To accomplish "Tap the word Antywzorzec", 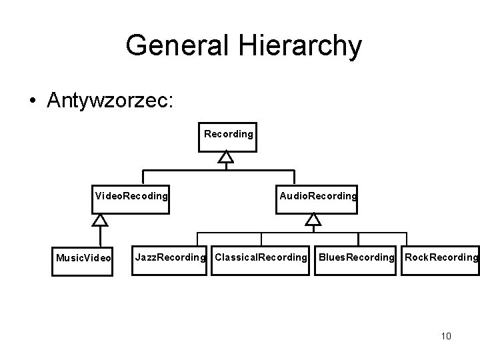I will click(110, 100).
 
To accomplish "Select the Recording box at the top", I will click(229, 135).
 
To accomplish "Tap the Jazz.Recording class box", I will click(171, 257).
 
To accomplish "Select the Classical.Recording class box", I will click(261, 257).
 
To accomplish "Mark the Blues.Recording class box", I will click(357, 257).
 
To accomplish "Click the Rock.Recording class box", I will click(441, 257).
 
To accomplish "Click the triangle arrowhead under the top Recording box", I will click(227, 157).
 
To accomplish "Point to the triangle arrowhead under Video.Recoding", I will click(100, 219).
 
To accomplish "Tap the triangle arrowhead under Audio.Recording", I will click(313, 219).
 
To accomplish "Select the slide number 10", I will click(446, 336).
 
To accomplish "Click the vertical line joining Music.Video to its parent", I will click(100, 237).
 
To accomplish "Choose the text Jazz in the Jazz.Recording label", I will click(145, 257).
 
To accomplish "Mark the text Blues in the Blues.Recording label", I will click(332, 257).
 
